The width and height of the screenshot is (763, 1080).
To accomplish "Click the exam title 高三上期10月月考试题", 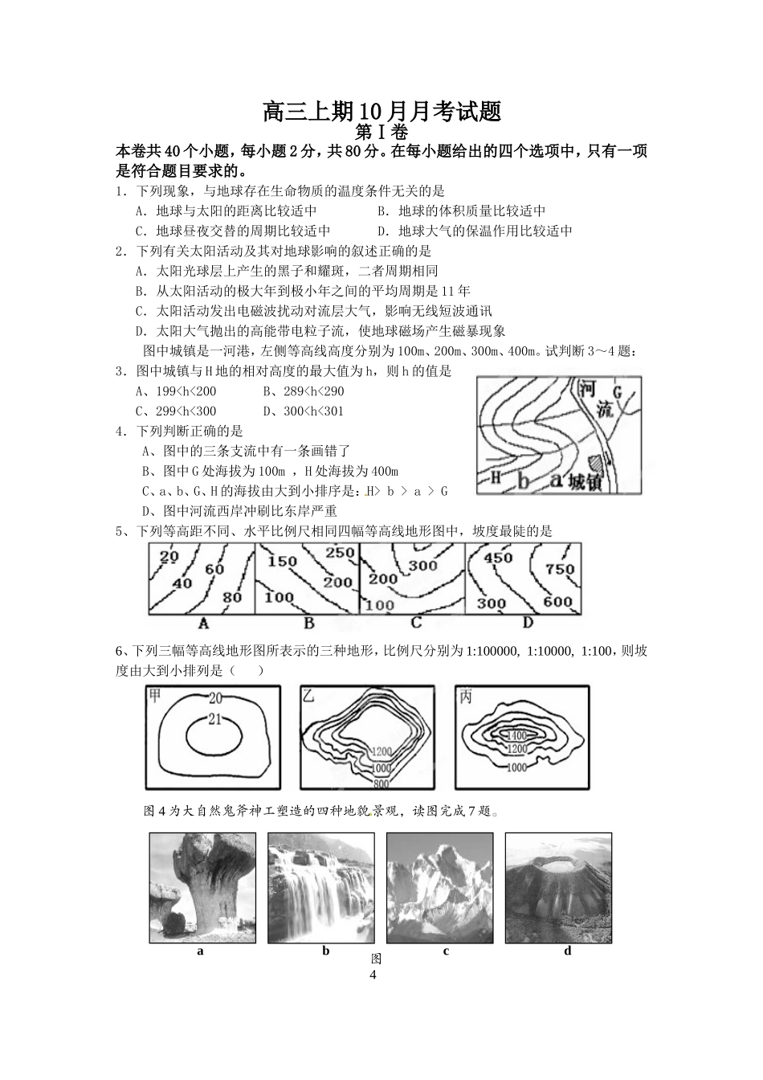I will tap(381, 111).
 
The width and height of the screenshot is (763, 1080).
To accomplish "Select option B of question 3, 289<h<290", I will tap(304, 391).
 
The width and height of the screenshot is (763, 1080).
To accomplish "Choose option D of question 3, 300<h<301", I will tap(304, 411).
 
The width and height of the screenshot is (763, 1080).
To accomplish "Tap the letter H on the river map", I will tap(496, 477).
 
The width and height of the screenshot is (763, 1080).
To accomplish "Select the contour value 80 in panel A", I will tap(231, 597).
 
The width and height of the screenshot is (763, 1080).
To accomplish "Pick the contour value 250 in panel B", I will tap(340, 553).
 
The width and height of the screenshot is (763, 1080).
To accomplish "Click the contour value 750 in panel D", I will tap(559, 569).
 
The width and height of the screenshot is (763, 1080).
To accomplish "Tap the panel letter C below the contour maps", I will tap(415, 623).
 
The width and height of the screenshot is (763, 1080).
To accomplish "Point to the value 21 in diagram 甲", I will tap(214, 719).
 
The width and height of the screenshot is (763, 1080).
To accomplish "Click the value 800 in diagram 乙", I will tap(381, 783).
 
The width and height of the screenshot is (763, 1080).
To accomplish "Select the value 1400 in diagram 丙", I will tap(516, 735).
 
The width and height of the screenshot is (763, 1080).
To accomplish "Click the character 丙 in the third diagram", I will tap(466, 697).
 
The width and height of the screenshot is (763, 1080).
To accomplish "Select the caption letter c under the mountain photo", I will tap(446, 951).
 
